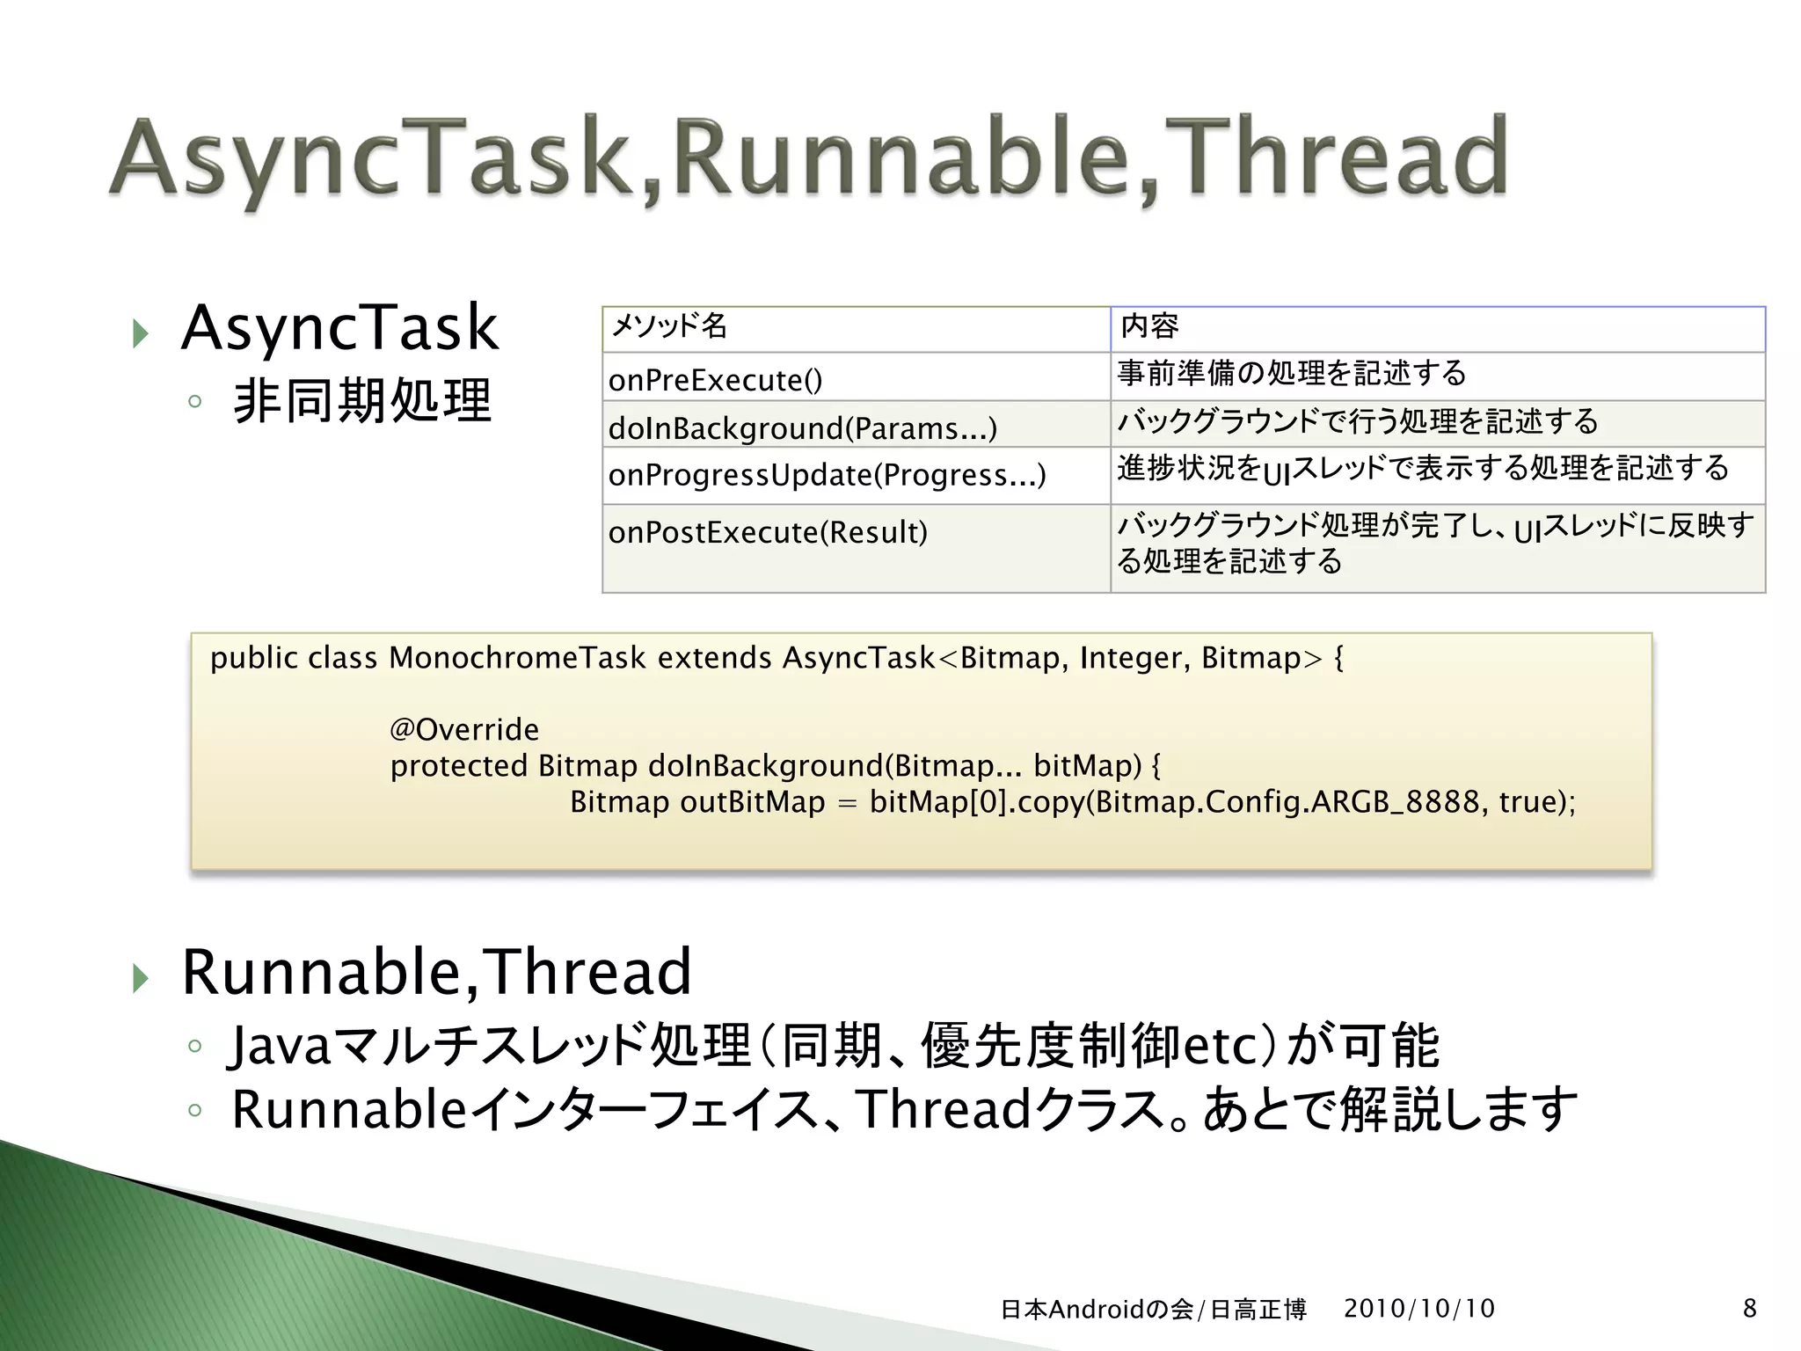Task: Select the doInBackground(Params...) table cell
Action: click(803, 428)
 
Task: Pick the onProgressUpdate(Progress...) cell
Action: click(827, 475)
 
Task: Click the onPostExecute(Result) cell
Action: click(768, 532)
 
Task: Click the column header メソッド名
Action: click(668, 326)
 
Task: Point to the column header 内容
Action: click(1149, 326)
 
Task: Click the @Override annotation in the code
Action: click(464, 729)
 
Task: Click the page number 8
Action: click(1749, 1309)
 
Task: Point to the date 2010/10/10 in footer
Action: click(1419, 1309)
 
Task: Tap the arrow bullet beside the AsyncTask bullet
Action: click(140, 333)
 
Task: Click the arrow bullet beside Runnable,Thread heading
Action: click(140, 977)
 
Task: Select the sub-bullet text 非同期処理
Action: click(361, 402)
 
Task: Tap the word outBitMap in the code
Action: click(753, 802)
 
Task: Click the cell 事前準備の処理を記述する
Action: click(1292, 373)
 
